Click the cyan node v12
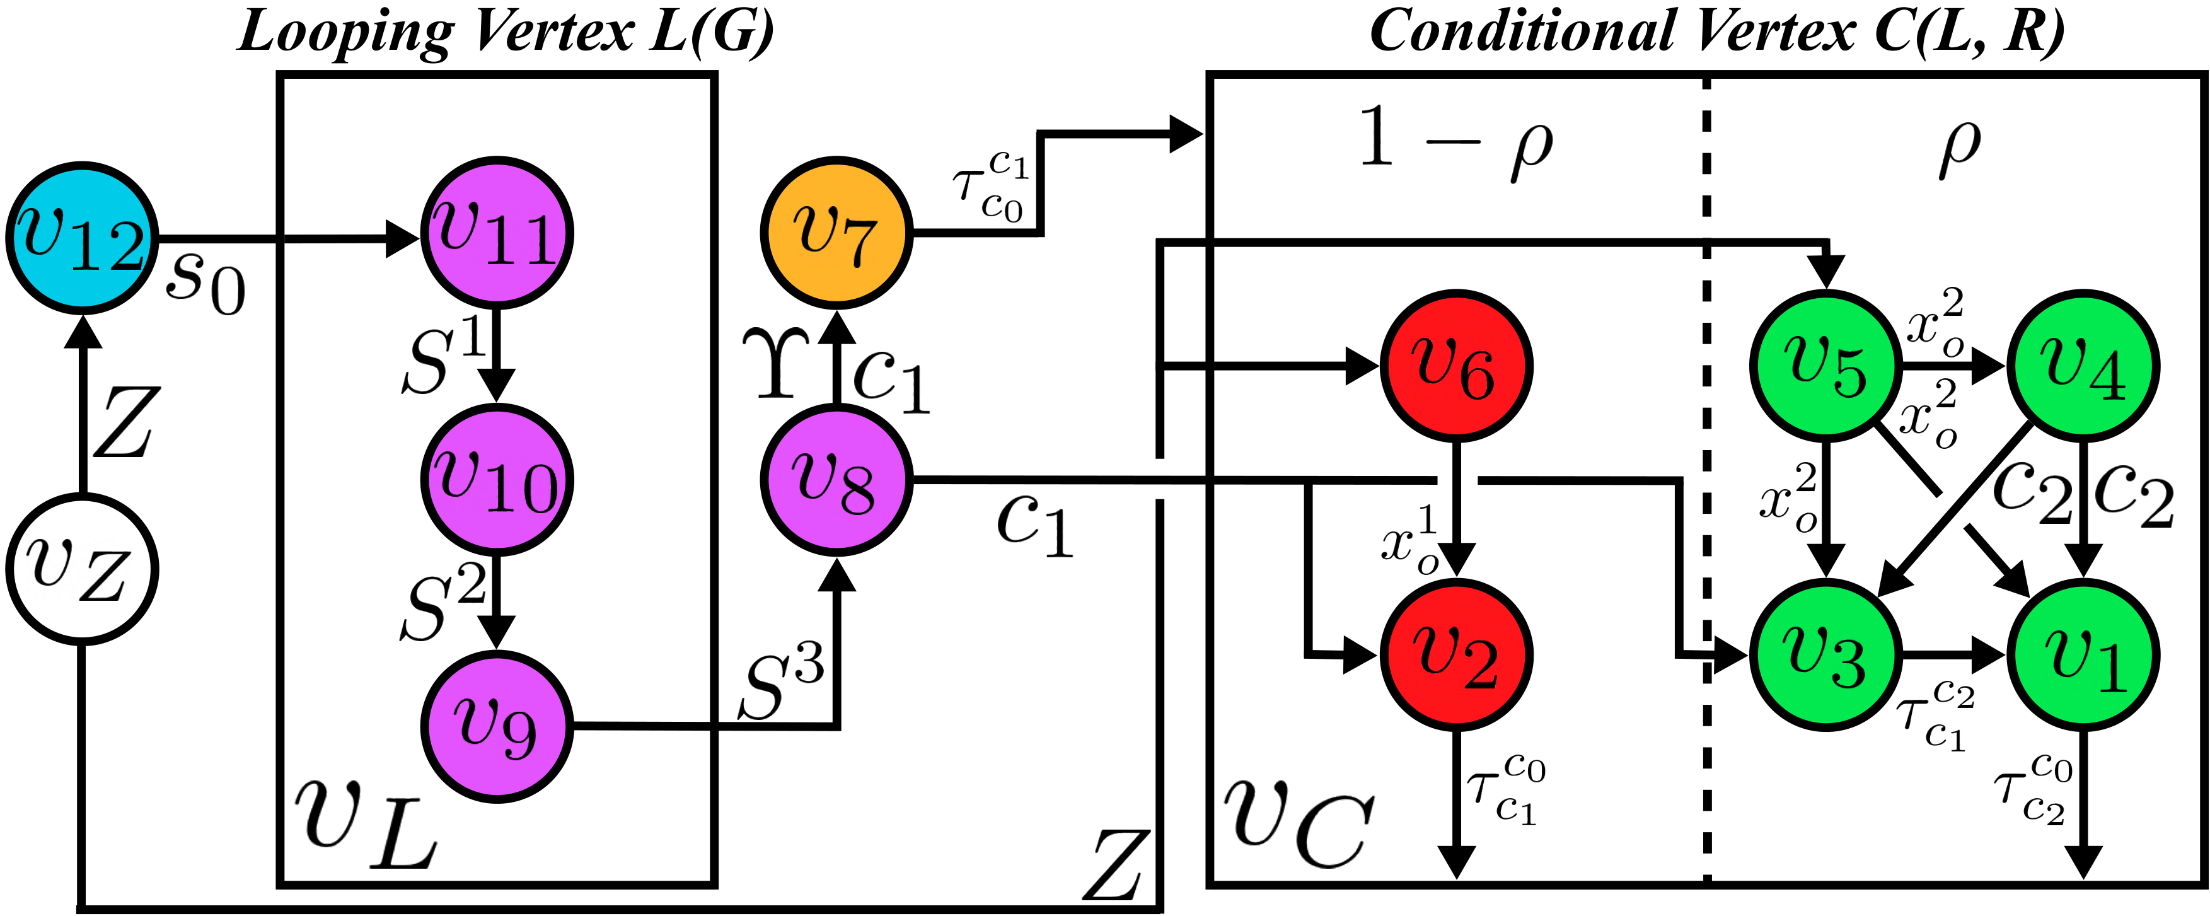[83, 238]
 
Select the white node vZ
[83, 569]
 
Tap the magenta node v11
[497, 233]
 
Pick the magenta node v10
[497, 478]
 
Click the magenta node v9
[497, 726]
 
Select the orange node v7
[836, 231]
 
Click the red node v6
[1456, 366]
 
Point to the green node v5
[1825, 366]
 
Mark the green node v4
[2084, 366]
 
